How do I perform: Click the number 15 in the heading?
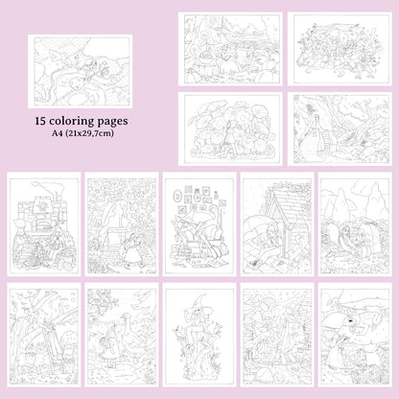click(x=40, y=121)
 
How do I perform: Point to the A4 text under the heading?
click(x=57, y=133)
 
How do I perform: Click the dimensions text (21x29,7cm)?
click(x=89, y=133)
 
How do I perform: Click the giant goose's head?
click(x=125, y=317)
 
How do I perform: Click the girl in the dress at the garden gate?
click(x=132, y=250)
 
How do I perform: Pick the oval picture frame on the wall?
click(x=176, y=195)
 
